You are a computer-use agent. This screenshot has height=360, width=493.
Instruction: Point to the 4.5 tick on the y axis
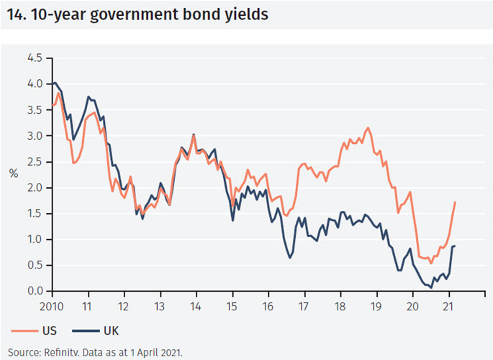(x=35, y=58)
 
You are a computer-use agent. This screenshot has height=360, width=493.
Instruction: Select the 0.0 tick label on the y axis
(x=35, y=291)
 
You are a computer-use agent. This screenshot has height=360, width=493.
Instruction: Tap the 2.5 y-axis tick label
(x=35, y=161)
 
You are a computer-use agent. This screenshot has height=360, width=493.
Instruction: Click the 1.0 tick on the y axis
(x=35, y=239)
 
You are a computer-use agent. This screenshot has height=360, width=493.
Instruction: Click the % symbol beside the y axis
(x=14, y=174)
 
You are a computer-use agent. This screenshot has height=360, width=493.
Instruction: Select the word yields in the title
(x=243, y=14)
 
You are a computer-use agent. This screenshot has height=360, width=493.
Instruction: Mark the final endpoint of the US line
(x=456, y=202)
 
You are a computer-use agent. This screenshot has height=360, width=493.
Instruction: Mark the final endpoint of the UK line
(x=455, y=246)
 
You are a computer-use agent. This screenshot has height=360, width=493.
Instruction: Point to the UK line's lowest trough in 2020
(x=430, y=287)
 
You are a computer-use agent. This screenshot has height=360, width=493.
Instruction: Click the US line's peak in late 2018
(x=368, y=128)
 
